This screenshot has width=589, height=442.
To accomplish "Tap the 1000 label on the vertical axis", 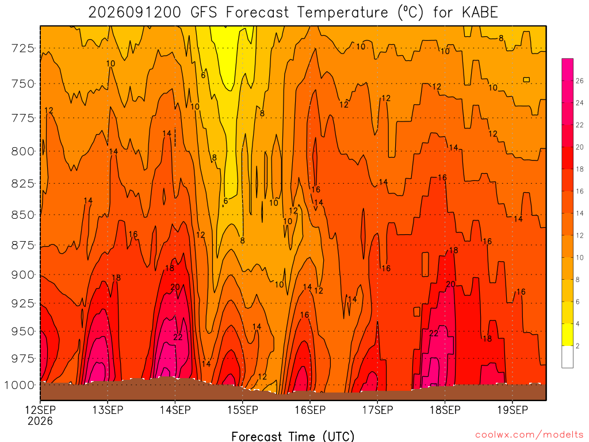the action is coord(20,385).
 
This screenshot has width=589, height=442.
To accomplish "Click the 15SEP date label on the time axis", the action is coord(243,410).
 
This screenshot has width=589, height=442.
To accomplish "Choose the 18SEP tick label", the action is coord(445,410).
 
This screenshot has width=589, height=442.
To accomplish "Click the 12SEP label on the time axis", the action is coord(40,410).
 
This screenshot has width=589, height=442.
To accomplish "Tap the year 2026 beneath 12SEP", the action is coord(40,421).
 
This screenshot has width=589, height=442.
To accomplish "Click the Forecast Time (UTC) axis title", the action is coord(293,436).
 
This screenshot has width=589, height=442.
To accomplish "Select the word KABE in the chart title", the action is coord(480,13).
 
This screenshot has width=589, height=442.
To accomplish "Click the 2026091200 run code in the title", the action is coord(135,13).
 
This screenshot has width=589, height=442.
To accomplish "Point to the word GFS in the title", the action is coord(204,13).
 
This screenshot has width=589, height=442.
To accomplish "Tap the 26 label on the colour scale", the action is coord(580,81).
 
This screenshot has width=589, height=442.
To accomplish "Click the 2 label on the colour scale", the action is coord(577,346).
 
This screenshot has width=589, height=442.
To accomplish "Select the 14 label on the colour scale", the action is coord(580,213).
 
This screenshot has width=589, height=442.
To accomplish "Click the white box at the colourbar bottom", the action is coord(568,357).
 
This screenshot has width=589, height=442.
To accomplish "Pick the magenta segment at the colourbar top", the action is coord(568,70).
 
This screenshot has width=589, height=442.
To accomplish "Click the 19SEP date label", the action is coord(512,410).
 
